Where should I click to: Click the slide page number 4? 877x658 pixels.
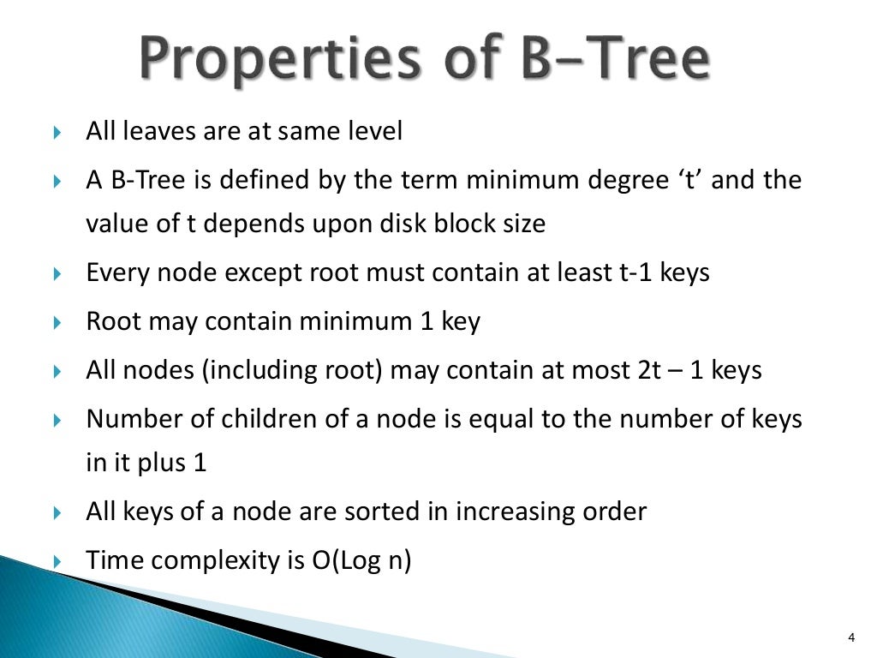tap(850, 636)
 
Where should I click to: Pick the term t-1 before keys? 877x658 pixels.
tap(637, 272)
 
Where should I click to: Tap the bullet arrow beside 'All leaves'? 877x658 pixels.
tap(57, 133)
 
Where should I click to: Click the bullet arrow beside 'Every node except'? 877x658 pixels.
tap(57, 273)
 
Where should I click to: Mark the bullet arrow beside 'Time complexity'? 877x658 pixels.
tap(57, 562)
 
